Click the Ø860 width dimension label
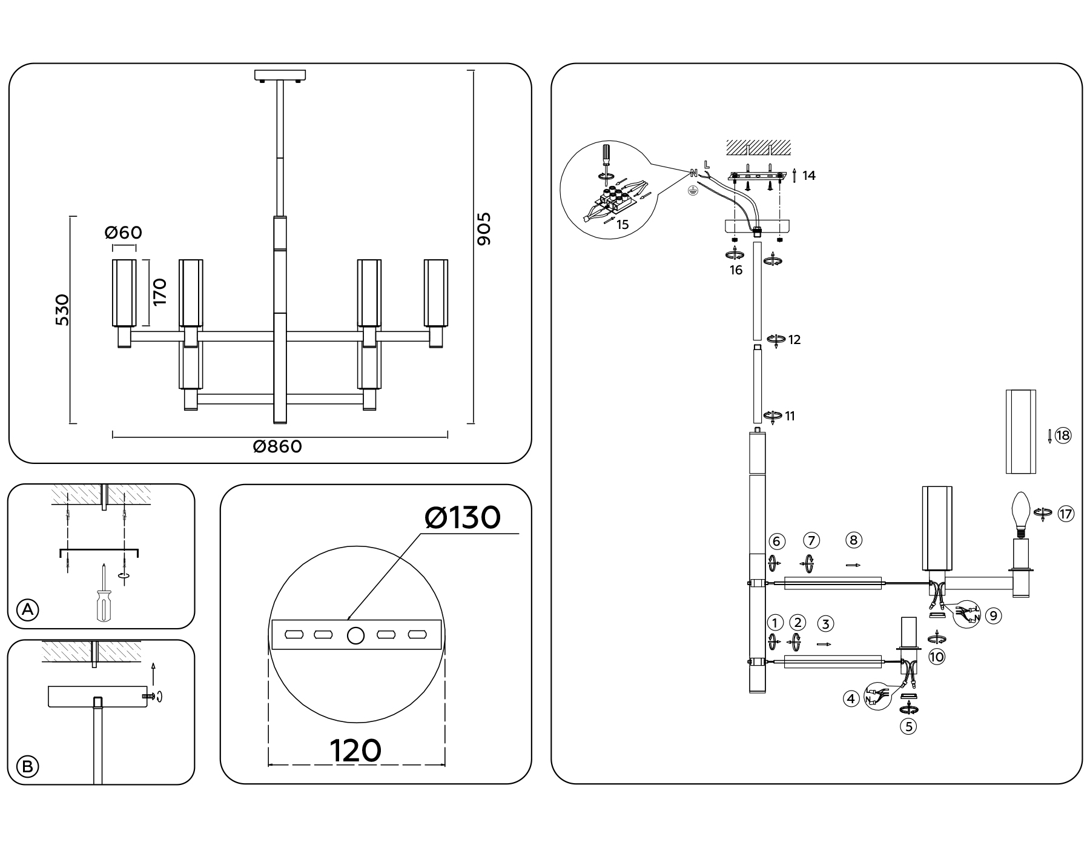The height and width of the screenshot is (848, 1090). click(277, 447)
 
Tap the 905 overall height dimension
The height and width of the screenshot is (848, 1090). click(484, 229)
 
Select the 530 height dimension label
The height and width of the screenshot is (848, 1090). click(62, 310)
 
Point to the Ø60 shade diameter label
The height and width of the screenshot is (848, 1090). click(124, 233)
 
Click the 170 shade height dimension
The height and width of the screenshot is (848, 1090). click(159, 292)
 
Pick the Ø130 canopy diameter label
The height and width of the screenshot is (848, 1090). click(463, 518)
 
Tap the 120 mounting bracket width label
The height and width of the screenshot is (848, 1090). click(355, 751)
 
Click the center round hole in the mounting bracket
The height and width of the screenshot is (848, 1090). click(356, 635)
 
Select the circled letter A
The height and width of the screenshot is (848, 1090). click(27, 610)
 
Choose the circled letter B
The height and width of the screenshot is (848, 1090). click(27, 767)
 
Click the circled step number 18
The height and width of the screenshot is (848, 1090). click(1063, 436)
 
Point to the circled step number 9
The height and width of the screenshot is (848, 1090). click(993, 616)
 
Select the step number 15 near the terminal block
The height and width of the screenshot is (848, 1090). click(623, 225)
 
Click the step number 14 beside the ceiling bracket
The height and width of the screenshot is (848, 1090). click(809, 176)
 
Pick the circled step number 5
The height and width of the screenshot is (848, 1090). click(908, 726)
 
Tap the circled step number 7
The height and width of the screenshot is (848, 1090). click(811, 540)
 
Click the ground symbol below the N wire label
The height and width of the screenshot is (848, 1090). click(693, 190)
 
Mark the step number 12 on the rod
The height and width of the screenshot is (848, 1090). click(794, 340)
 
